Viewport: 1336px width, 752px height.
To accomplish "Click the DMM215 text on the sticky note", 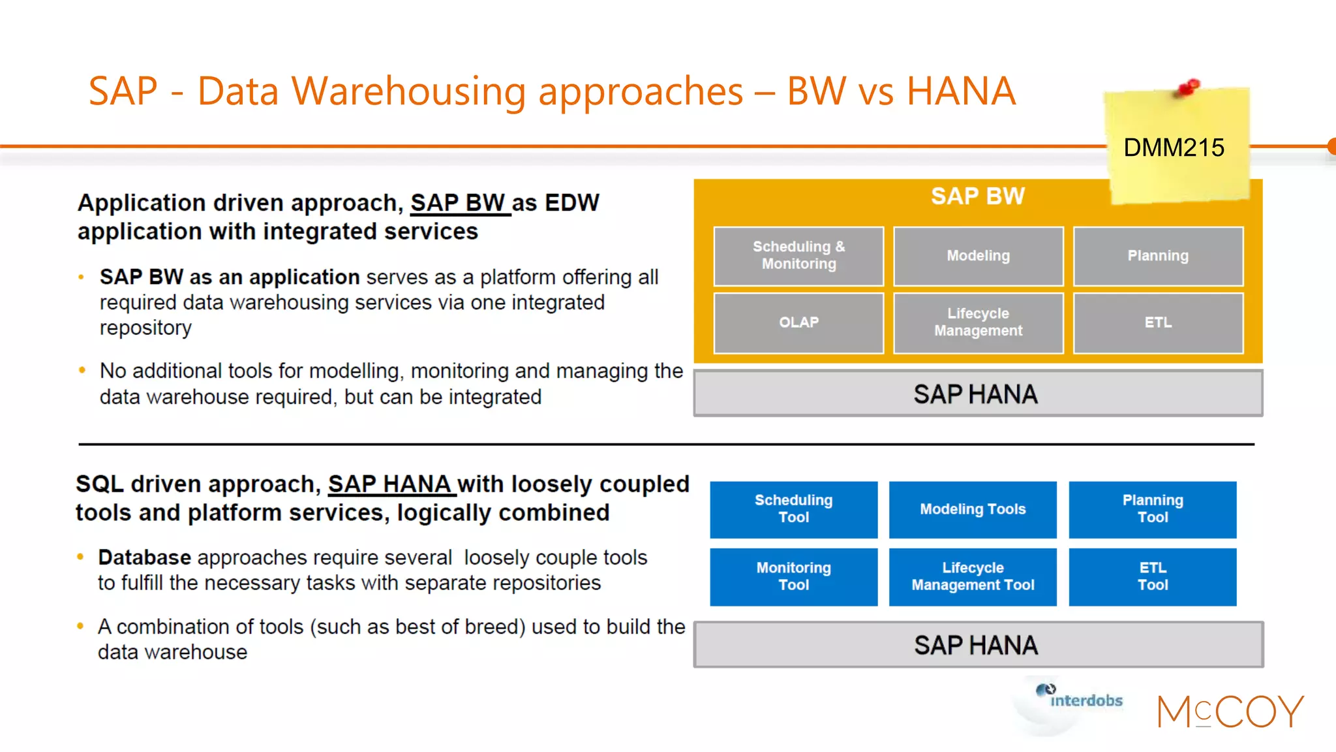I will pos(1174,148).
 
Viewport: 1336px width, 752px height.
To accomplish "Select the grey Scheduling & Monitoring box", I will pos(798,256).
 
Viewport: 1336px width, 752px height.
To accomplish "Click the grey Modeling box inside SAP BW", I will pos(978,256).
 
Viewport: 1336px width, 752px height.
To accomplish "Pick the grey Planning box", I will pos(1158,256).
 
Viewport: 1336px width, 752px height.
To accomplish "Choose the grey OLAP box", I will pos(798,322).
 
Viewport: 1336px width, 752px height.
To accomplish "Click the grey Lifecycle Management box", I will pos(978,322).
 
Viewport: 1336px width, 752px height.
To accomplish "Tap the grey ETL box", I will pos(1158,322).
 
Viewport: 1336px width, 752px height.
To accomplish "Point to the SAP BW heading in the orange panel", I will pos(977,196).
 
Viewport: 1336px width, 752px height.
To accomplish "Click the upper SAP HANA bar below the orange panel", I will pos(977,394).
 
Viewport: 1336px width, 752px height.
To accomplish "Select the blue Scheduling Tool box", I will pos(793,509).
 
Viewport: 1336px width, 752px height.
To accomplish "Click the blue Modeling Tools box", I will pos(973,509).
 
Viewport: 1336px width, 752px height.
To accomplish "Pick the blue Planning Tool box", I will pos(1152,509).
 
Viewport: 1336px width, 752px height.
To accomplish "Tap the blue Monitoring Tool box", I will pos(793,576).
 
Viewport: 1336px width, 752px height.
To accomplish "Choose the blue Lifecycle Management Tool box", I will pos(973,576).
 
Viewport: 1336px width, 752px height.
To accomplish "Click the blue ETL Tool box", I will pos(1152,576).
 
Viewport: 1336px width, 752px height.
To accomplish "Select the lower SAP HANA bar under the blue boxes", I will pos(977,645).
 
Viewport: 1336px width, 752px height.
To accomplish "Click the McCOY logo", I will pos(1230,712).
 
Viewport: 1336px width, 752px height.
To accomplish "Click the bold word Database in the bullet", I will pos(144,557).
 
